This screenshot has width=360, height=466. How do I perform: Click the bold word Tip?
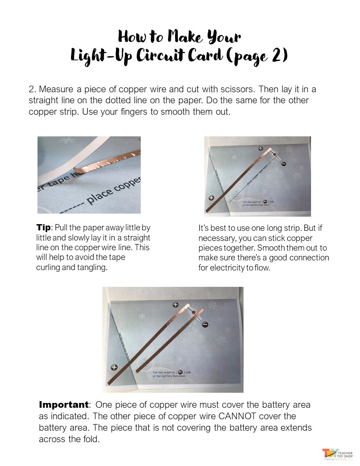click(x=43, y=228)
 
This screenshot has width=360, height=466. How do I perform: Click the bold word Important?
click(x=64, y=405)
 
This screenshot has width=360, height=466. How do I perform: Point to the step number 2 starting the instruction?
click(x=31, y=89)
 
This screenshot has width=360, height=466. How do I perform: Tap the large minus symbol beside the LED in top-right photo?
click(x=284, y=164)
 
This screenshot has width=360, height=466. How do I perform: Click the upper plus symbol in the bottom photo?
click(x=175, y=305)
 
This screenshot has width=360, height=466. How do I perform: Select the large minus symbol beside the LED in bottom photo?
click(x=205, y=324)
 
